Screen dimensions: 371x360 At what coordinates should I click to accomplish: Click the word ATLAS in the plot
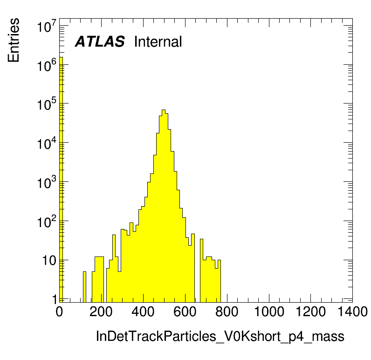coord(100,42)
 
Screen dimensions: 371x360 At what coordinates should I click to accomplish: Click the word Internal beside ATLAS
coord(158,42)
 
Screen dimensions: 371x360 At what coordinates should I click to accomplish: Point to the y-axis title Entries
coord(14,40)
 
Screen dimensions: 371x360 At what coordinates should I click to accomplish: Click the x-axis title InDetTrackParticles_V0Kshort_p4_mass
coord(220,336)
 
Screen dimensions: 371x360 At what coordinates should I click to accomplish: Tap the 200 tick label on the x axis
coord(101,312)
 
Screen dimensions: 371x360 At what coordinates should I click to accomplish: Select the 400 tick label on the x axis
coord(143,312)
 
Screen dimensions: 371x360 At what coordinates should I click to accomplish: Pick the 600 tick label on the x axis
coord(185,312)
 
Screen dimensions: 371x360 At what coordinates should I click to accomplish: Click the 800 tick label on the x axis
coord(227,312)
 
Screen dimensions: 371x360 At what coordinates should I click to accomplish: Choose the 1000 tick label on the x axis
coord(269,312)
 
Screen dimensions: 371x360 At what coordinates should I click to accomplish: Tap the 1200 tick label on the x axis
coord(311,312)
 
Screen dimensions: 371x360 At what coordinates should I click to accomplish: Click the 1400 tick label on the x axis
coord(352,312)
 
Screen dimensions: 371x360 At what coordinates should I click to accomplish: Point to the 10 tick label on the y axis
coord(49,261)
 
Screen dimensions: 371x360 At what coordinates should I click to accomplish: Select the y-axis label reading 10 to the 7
coord(47,26)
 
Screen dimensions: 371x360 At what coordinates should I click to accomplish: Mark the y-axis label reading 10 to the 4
coord(47,143)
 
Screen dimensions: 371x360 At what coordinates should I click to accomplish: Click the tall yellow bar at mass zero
coord(61,180)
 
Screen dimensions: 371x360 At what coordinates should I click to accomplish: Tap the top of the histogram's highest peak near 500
coord(164,110)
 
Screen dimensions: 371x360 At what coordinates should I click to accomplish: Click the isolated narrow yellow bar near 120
coord(84,287)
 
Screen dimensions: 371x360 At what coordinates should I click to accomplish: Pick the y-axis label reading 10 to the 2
coord(47,222)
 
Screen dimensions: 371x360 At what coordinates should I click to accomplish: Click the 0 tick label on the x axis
coord(59,312)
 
